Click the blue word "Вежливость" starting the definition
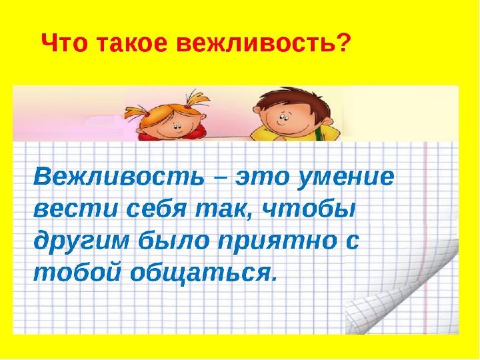pyautogui.click(x=119, y=177)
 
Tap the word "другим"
pyautogui.click(x=81, y=241)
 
